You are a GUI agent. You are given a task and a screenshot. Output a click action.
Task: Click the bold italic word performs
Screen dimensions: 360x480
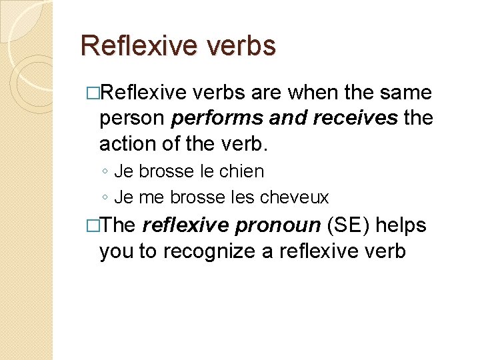213,119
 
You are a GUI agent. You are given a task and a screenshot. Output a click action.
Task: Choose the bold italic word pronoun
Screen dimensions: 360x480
279,226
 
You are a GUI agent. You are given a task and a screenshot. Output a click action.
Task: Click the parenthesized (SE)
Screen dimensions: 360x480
348,226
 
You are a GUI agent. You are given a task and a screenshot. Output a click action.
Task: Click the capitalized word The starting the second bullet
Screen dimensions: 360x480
119,226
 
